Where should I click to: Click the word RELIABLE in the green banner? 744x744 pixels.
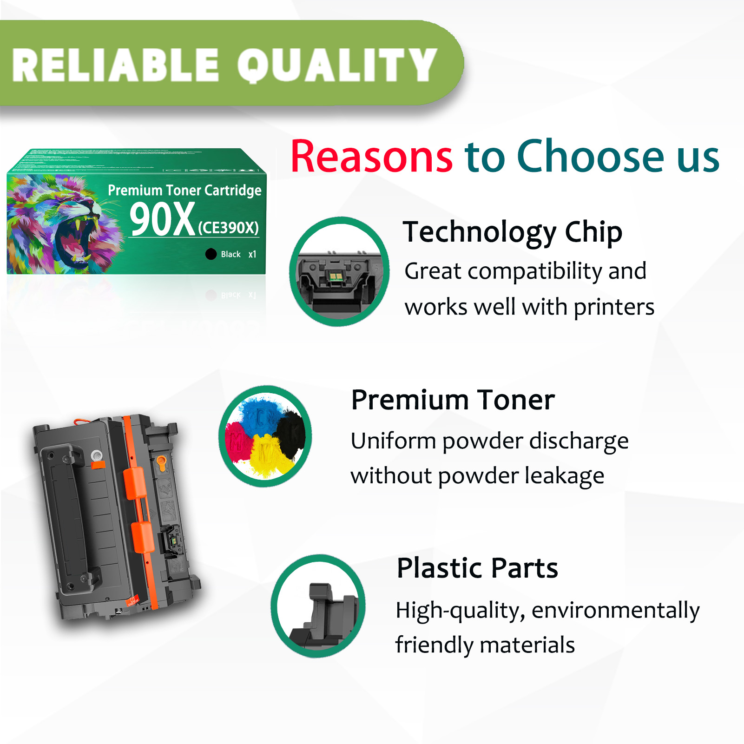tap(115, 65)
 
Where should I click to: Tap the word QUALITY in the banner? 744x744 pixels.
tap(337, 65)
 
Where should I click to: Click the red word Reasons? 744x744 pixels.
tap(371, 157)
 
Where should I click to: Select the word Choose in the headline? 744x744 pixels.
tap(591, 157)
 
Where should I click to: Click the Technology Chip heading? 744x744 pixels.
tap(512, 232)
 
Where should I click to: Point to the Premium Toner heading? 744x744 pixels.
tap(453, 400)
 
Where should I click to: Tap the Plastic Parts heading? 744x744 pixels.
tap(477, 568)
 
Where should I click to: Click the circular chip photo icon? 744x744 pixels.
tap(339, 271)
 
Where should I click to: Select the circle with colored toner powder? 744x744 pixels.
tap(265, 436)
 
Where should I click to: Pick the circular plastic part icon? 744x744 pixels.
tap(318, 606)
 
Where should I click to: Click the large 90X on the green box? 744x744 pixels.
tap(162, 220)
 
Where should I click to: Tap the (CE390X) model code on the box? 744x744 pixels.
tap(228, 228)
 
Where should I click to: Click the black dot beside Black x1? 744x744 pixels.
tap(211, 254)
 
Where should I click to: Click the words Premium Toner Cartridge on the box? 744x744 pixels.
tap(184, 190)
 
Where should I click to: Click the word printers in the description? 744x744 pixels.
tap(614, 308)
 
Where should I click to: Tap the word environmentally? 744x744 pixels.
tap(615, 611)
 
